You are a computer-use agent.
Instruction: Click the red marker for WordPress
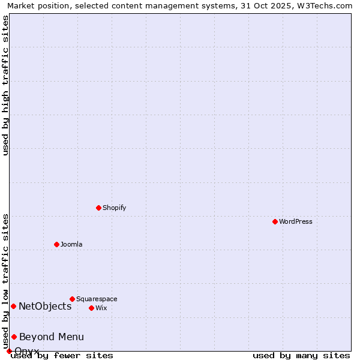tap(275, 221)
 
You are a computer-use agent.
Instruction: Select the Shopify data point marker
tap(98, 208)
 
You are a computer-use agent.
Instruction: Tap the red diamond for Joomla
tap(56, 244)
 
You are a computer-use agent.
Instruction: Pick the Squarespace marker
tap(72, 299)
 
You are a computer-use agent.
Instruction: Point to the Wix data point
tap(91, 308)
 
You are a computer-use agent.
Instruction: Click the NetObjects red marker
tap(13, 306)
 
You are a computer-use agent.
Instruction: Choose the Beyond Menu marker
tap(14, 337)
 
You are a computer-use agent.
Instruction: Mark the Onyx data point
tap(9, 351)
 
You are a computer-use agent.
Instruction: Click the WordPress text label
tap(296, 221)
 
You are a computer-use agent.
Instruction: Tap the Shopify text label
tap(114, 208)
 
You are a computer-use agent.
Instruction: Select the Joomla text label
tap(71, 244)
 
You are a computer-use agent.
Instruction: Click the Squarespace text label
tap(97, 299)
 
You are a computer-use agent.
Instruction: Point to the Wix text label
tap(101, 308)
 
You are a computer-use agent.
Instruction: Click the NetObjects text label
tap(45, 306)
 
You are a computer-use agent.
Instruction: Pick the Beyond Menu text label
tap(52, 337)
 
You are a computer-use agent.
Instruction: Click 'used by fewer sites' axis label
tap(62, 355)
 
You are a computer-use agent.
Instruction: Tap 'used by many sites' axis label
tap(301, 355)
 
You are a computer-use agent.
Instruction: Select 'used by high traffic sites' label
tap(6, 85)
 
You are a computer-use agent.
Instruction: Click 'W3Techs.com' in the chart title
tap(327, 6)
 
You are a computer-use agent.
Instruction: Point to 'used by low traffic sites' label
tap(6, 281)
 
